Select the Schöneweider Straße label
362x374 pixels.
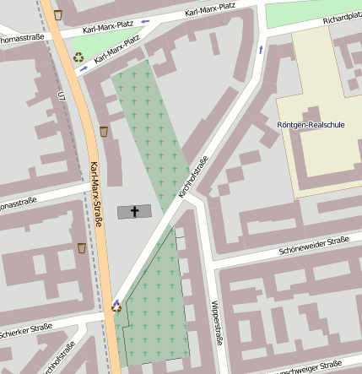(x=313, y=244)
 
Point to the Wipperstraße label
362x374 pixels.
(x=217, y=322)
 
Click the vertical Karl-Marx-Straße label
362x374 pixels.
(x=97, y=186)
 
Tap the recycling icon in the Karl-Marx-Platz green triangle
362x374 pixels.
(x=78, y=57)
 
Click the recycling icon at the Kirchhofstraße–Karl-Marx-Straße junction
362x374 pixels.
(x=116, y=306)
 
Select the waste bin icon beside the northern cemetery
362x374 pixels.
(x=104, y=131)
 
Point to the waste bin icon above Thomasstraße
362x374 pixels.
(x=57, y=14)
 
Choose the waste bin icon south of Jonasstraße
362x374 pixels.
(x=82, y=247)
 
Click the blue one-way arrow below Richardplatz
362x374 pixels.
(x=260, y=50)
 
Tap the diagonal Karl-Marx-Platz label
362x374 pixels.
(x=117, y=50)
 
